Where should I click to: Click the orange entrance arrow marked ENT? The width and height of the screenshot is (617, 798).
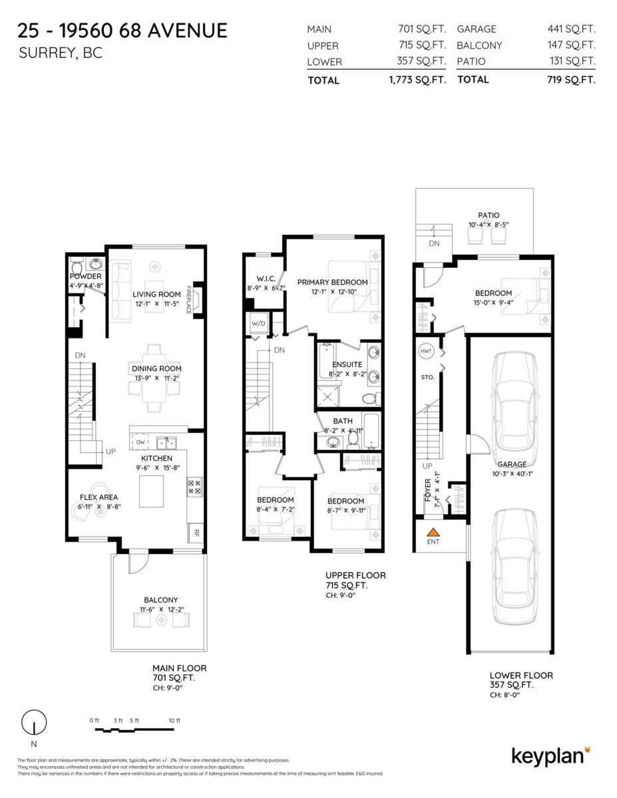point(433,532)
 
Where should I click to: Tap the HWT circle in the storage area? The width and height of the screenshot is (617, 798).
point(425,350)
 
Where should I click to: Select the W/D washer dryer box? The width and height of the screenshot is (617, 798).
point(258,325)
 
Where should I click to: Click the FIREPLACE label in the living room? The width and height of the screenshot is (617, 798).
point(188,300)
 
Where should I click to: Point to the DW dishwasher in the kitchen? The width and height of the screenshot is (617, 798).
point(140,442)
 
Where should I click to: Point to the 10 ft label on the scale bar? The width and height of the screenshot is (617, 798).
point(174,721)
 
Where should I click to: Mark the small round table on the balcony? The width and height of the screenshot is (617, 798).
point(161,620)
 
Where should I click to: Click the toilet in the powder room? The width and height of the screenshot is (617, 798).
point(76,263)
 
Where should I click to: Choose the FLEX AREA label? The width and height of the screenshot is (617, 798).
point(99,496)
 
